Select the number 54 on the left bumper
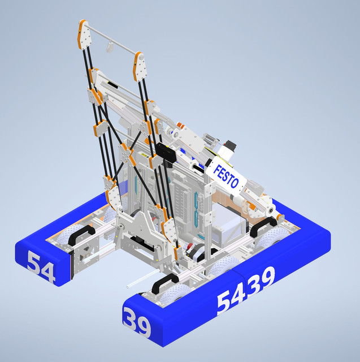click(x=41, y=268)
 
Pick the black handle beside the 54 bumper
click(x=81, y=234)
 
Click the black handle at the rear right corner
click(x=259, y=227)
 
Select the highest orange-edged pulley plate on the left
click(x=84, y=35)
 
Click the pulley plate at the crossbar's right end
click(x=138, y=67)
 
